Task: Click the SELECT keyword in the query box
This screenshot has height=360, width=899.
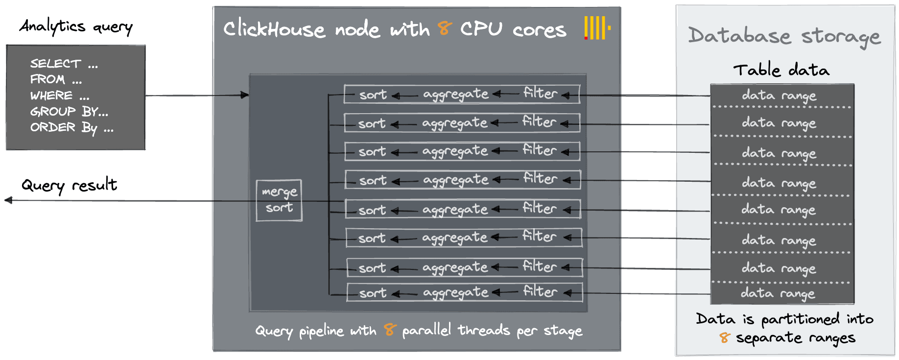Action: [55, 64]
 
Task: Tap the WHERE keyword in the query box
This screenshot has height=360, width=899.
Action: [51, 95]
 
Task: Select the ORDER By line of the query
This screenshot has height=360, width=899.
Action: [71, 127]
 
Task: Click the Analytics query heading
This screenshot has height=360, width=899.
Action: [76, 26]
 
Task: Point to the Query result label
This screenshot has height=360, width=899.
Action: [69, 185]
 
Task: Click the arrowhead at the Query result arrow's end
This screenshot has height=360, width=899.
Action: [8, 200]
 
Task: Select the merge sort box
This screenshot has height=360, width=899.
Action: [279, 200]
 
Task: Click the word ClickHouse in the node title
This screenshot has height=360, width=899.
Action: [274, 29]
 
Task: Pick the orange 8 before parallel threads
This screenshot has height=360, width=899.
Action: [390, 330]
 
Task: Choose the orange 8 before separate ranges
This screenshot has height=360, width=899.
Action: [725, 337]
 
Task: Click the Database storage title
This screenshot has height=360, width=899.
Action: [784, 36]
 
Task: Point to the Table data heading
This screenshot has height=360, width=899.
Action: [781, 70]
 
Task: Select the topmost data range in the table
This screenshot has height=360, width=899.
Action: [779, 95]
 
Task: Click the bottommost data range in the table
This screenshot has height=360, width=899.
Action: [778, 293]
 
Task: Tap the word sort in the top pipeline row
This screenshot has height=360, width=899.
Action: [373, 95]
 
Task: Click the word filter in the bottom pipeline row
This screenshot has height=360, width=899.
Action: [540, 291]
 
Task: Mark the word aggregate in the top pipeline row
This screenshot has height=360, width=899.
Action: [456, 94]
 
